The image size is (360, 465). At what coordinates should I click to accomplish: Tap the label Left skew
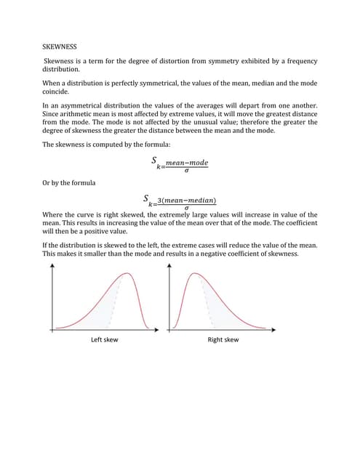point(104,340)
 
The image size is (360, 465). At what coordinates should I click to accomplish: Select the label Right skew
point(223,340)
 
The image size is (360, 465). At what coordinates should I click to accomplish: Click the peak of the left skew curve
point(128,274)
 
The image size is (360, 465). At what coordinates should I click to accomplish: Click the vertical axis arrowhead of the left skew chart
point(52,267)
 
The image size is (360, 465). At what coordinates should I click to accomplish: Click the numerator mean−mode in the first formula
point(186,163)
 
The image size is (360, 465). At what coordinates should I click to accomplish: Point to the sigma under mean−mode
point(186,171)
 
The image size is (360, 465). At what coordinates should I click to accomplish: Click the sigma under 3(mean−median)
point(186,208)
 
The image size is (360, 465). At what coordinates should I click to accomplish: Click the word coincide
point(58,92)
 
